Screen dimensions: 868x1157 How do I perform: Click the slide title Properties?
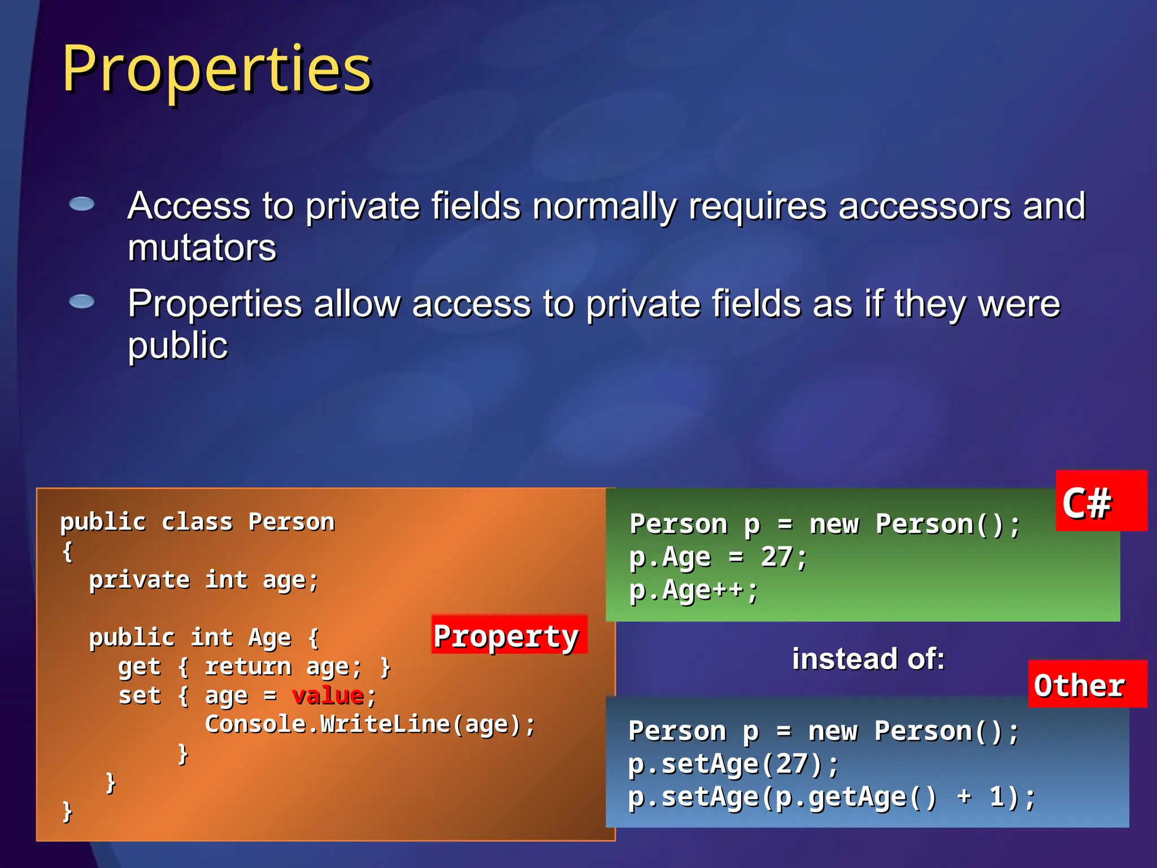tap(216, 69)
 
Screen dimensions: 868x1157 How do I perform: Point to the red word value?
tap(328, 695)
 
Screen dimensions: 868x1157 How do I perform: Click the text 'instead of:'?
tap(868, 659)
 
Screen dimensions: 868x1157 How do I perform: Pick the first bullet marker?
tap(82, 204)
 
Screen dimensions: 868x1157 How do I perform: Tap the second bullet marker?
tap(82, 302)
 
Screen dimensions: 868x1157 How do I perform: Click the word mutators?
tap(202, 248)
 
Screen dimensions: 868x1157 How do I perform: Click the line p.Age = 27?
tap(717, 557)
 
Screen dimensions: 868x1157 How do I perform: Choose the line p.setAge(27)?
tap(733, 764)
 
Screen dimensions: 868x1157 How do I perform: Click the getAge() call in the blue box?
tap(872, 797)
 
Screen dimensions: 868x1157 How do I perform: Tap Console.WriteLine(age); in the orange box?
tap(370, 724)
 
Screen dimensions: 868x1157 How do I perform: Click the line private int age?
tap(203, 580)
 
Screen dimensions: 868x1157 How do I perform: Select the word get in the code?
tap(139, 667)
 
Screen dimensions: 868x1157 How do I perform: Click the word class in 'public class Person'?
tap(197, 522)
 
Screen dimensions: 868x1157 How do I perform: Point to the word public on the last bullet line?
tap(177, 346)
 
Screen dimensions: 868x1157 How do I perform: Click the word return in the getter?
tap(247, 667)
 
